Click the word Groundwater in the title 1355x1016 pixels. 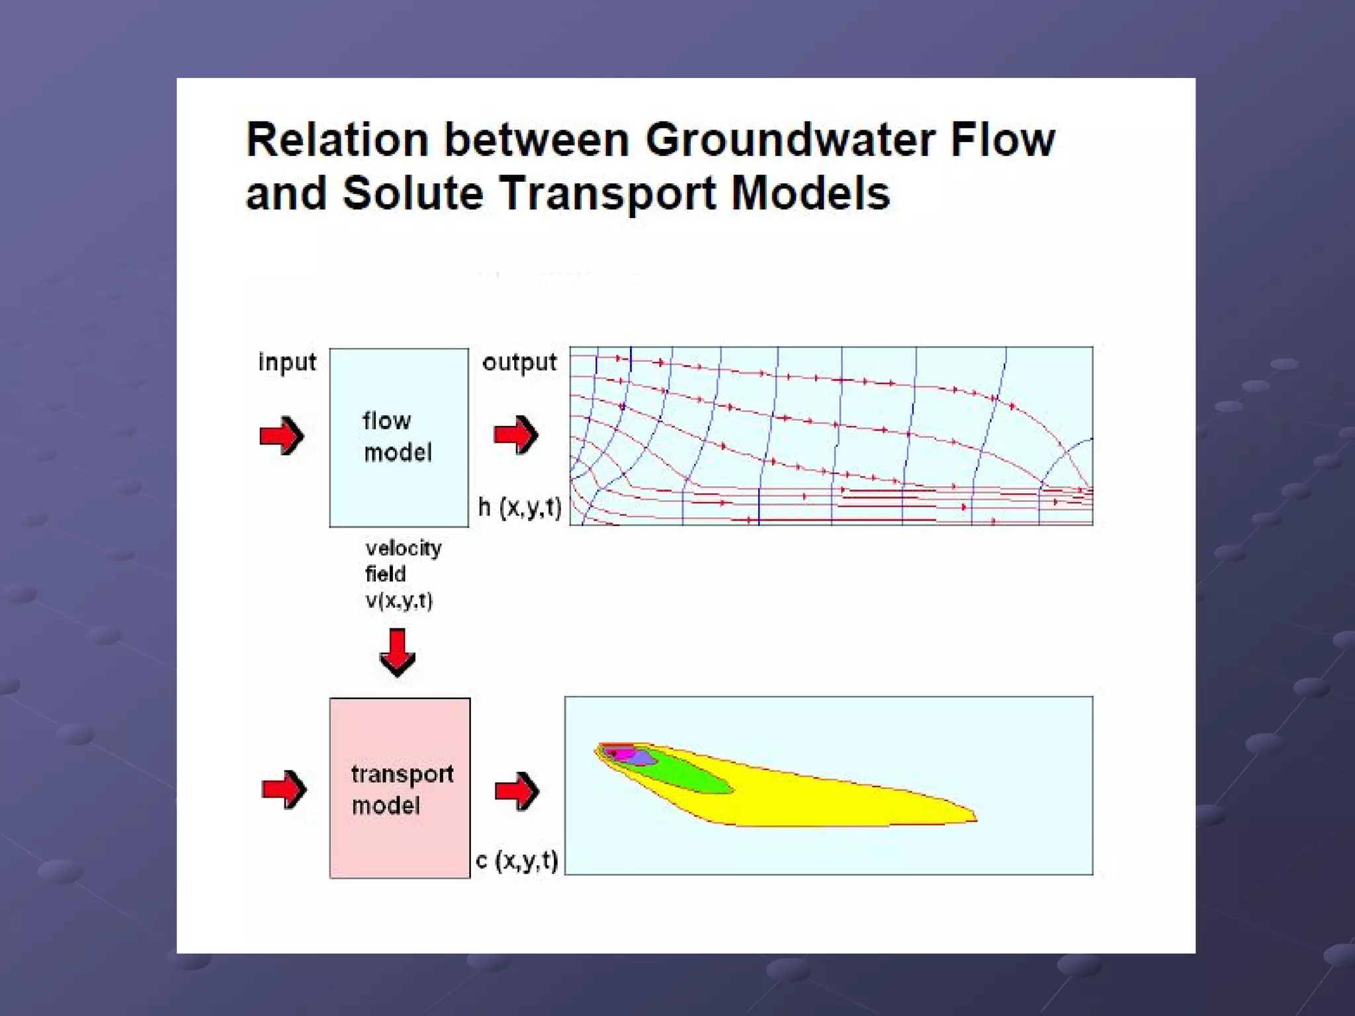tap(790, 140)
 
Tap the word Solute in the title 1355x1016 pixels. tap(413, 194)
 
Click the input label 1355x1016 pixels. tap(287, 362)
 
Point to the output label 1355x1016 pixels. tap(519, 362)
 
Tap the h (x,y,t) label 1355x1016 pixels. tap(520, 507)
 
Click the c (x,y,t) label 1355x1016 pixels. tap(517, 860)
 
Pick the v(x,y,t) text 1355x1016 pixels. tap(399, 601)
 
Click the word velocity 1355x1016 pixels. tap(403, 548)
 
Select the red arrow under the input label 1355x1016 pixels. tap(282, 435)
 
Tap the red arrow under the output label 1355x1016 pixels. tap(516, 435)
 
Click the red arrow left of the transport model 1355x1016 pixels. tap(284, 788)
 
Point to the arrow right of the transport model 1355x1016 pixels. tap(517, 790)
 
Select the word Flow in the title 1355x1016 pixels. tap(1002, 140)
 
